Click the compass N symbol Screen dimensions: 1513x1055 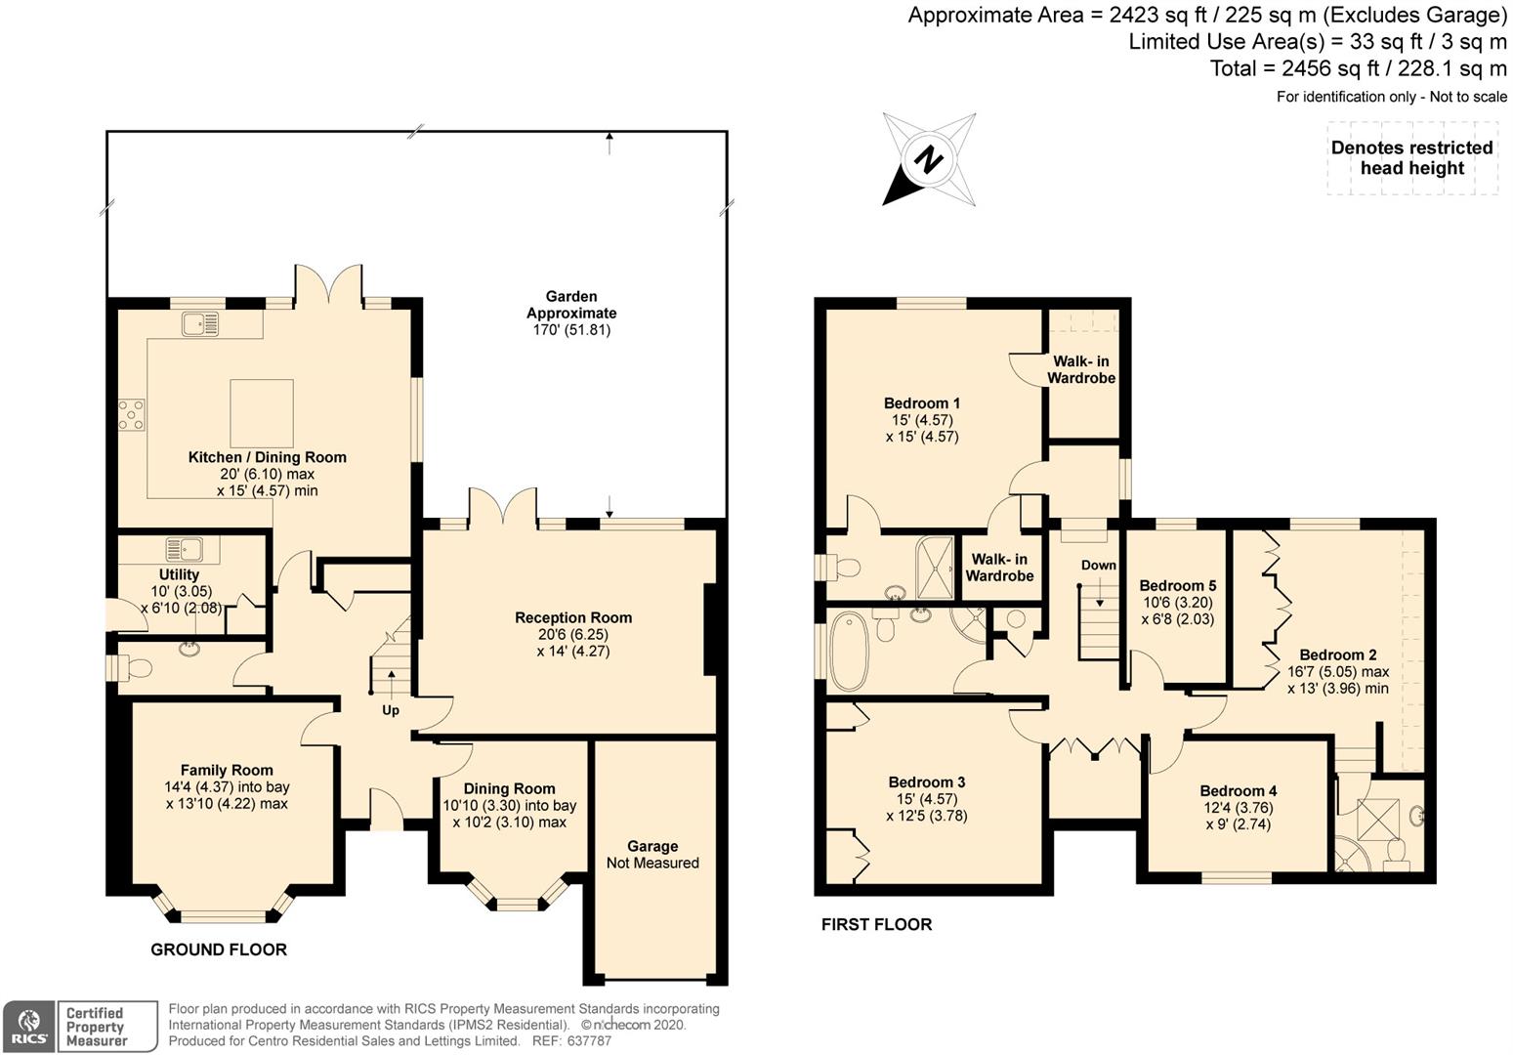[928, 159]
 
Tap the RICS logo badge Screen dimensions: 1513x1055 [28, 1027]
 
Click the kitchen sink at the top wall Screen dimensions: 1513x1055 [200, 323]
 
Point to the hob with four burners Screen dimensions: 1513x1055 [131, 415]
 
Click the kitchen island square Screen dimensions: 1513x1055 [262, 412]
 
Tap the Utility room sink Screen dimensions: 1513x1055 [184, 550]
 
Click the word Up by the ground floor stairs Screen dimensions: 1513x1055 [391, 710]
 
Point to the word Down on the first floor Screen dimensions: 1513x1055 [1098, 566]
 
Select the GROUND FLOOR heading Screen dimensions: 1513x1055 [219, 949]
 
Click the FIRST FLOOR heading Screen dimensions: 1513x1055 [877, 924]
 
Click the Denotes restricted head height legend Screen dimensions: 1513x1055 [1411, 158]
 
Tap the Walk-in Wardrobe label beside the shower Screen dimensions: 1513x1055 [999, 568]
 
